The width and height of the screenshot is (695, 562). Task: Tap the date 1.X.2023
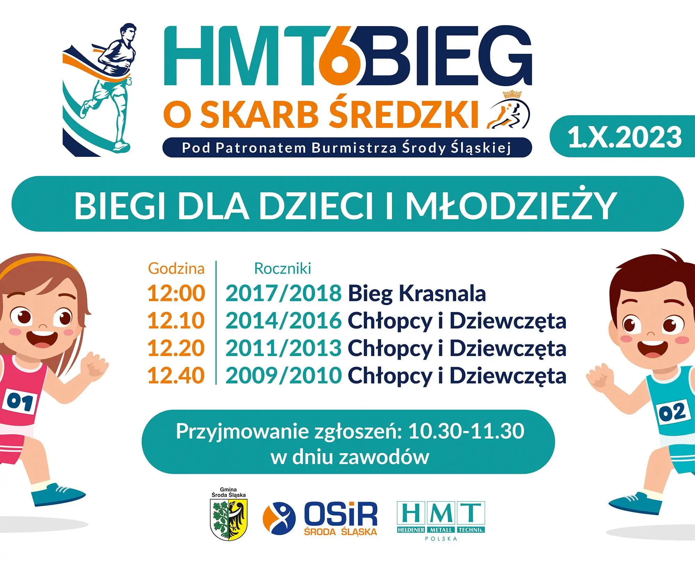click(624, 137)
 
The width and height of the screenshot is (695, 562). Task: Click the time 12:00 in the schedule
click(176, 293)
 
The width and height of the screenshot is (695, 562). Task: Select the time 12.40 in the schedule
click(176, 376)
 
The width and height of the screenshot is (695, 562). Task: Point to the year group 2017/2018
click(284, 293)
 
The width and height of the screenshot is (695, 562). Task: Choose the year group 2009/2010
click(284, 376)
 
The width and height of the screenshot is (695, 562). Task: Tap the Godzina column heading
click(176, 268)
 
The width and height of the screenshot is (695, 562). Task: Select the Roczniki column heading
click(283, 268)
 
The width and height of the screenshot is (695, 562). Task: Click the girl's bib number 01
click(20, 402)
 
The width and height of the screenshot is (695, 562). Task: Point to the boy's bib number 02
click(672, 412)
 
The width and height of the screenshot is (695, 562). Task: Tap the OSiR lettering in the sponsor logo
click(341, 514)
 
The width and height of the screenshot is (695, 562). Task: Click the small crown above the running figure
click(512, 94)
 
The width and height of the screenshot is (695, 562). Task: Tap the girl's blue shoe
click(57, 494)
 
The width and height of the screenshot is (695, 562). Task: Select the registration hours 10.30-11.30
click(466, 431)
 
